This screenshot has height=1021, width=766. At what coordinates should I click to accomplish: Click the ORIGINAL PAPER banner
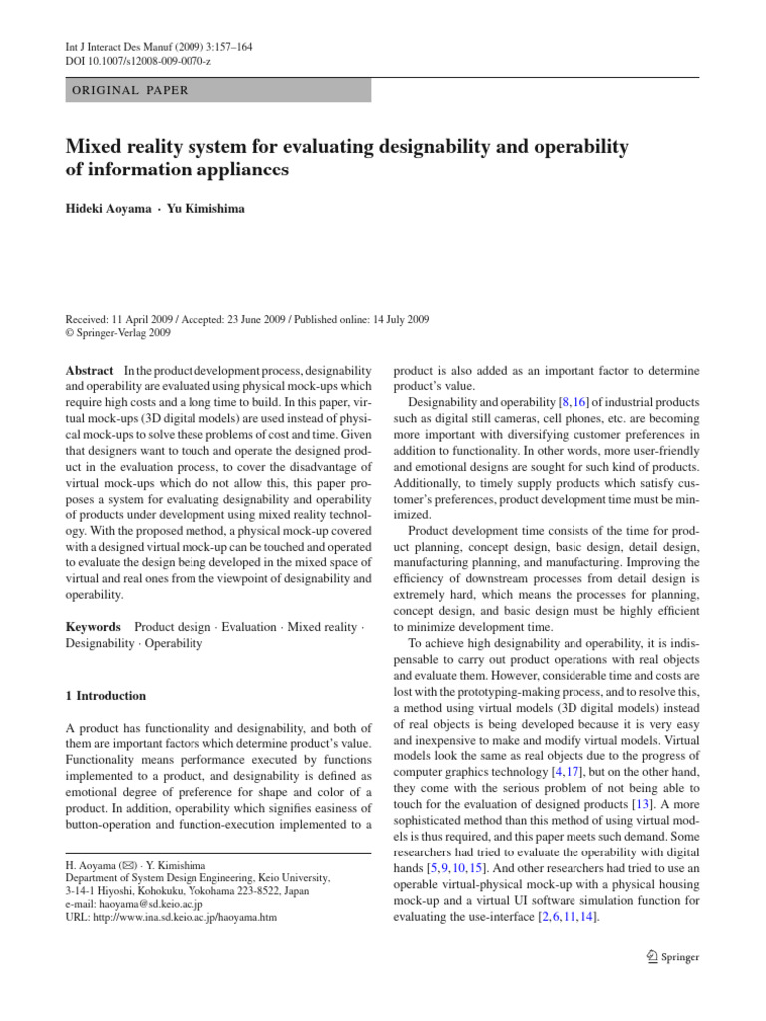coord(217,90)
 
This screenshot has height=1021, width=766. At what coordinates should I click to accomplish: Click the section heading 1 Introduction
coord(105,696)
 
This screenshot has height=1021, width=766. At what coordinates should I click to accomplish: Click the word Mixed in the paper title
coord(100,148)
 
